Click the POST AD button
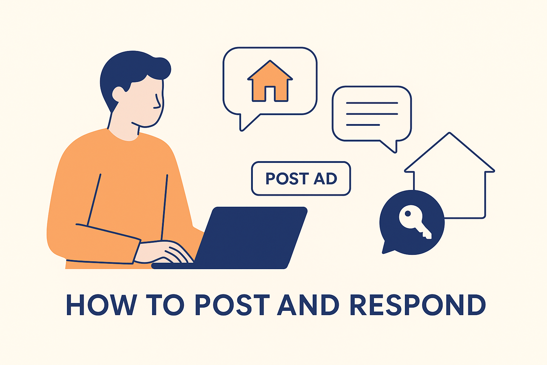pyautogui.click(x=301, y=179)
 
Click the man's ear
pyautogui.click(x=118, y=94)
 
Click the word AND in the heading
pyautogui.click(x=308, y=305)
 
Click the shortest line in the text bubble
pyautogui.click(x=363, y=125)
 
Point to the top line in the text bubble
pyautogui.click(x=372, y=103)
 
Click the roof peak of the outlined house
pyautogui.click(x=449, y=133)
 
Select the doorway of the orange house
pyautogui.click(x=270, y=93)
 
